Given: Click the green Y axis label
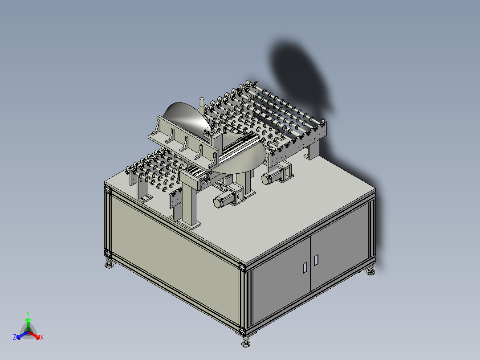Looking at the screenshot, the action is (x=28, y=313).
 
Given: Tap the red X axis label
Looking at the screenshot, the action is (x=42, y=337).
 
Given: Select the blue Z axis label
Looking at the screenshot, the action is (x=15, y=337).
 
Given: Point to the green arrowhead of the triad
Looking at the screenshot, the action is (x=28, y=320).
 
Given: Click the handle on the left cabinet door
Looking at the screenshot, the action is (x=305, y=267).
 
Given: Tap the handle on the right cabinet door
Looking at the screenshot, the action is (x=316, y=260).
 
